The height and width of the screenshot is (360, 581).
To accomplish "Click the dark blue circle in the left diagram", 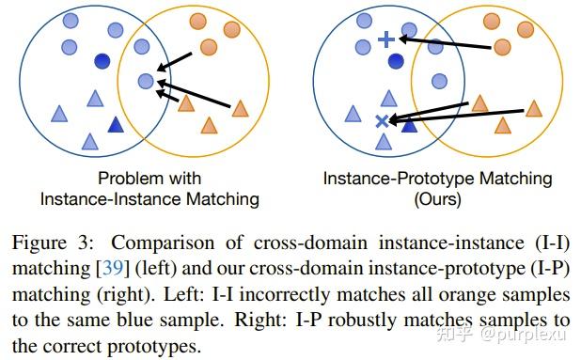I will pos(101,61).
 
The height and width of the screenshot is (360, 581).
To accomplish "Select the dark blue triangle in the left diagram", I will pos(117,124).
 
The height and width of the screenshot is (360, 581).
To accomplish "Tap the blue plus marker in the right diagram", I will pos(385,39).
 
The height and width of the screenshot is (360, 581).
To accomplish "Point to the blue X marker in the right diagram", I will pos(382,120).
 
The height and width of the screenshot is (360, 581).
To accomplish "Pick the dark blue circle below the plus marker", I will pos(396,62).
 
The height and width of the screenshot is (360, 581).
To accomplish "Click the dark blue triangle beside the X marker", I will pos(409,123).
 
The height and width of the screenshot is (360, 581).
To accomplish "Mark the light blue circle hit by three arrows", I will pos(145,82).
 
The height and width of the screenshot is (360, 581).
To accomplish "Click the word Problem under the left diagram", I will pos(124,178).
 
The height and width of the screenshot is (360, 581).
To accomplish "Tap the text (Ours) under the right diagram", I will pos(437,198).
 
